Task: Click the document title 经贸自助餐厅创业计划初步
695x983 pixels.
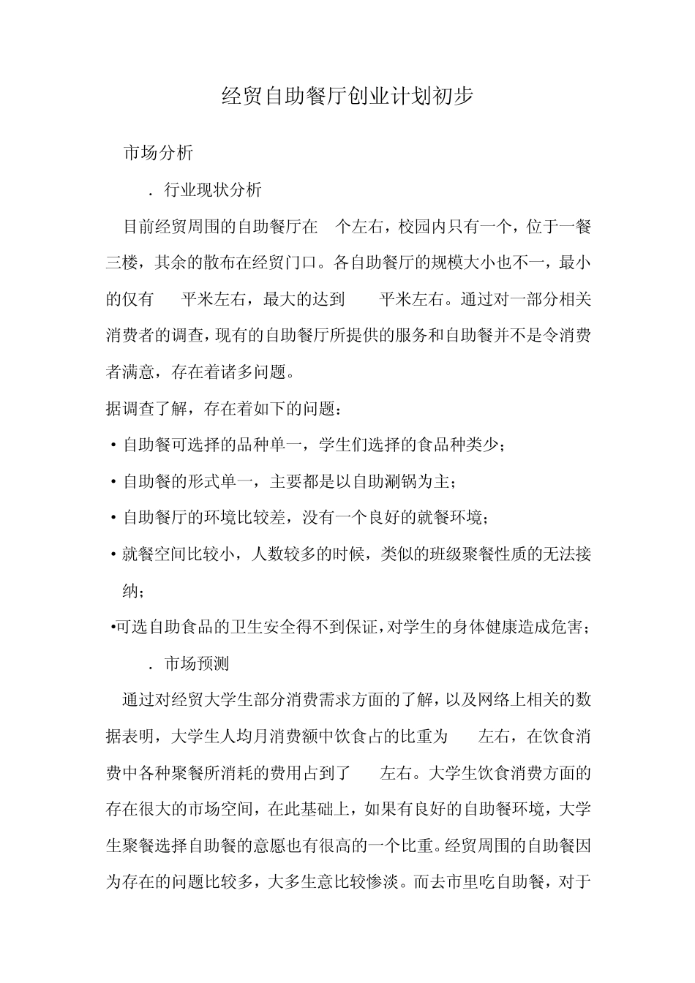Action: [347, 97]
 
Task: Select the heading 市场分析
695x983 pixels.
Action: [158, 153]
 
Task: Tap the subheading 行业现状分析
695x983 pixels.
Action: [212, 190]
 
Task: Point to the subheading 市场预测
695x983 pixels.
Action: [197, 663]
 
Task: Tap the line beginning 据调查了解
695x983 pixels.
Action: [222, 409]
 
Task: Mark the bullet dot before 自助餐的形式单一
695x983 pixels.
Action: [113, 482]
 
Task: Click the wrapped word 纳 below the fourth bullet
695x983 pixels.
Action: [130, 591]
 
